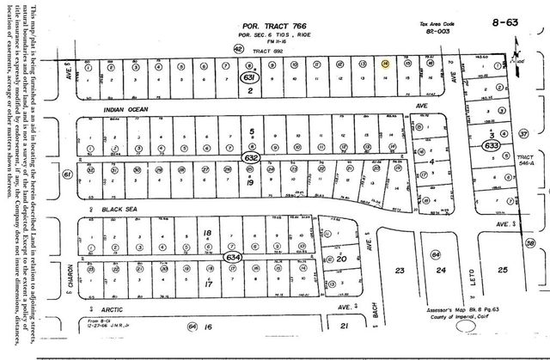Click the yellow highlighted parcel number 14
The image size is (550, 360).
click(386, 64)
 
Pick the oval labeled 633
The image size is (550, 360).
click(492, 146)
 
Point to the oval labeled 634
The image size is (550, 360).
click(233, 256)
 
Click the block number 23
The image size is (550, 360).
click(398, 271)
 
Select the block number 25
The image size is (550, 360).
click(504, 270)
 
